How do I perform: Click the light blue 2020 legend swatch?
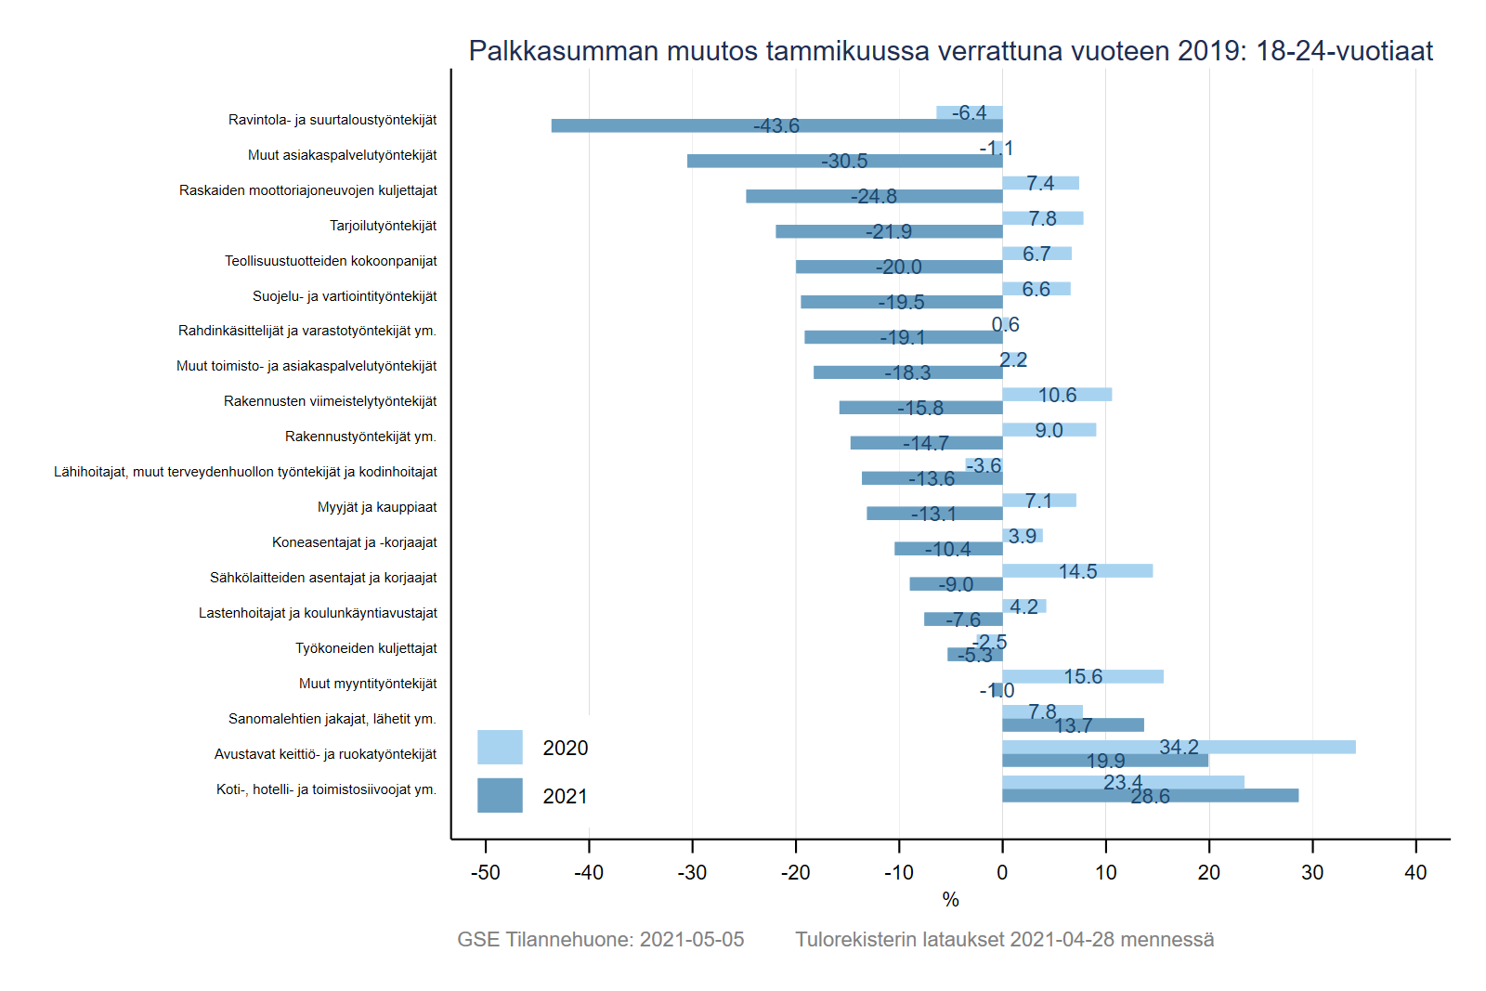pos(500,747)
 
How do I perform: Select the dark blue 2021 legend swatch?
pos(500,796)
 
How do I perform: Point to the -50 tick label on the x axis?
pos(485,873)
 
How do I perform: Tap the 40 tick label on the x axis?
pos(1415,873)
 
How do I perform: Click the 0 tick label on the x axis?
pos(1002,873)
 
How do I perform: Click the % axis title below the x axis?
pos(950,899)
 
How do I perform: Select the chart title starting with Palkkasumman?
pos(950,50)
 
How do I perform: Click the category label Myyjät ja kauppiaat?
pos(377,507)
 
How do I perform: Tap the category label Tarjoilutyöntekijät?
pos(383,226)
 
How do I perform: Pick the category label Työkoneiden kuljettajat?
pos(366,648)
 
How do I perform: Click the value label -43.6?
pos(776,125)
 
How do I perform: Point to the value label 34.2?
pos(1179,747)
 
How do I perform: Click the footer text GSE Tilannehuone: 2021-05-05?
pos(601,939)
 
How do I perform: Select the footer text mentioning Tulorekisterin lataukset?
pos(1004,939)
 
